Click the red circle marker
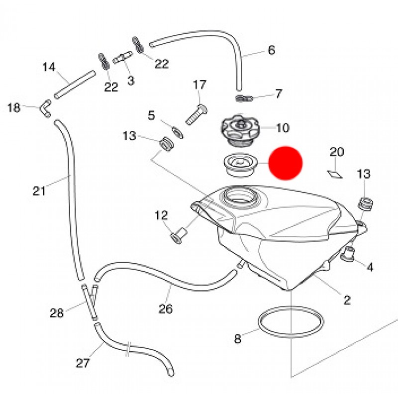coord(286,163)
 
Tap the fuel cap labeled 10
coord(238,128)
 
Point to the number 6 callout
coord(271,50)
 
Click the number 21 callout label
coord(39,190)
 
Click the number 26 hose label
coord(166,309)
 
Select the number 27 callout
coord(82,363)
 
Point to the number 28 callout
coord(57,313)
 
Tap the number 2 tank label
coord(347,299)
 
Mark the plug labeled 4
coord(348,254)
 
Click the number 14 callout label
coord(49,67)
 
